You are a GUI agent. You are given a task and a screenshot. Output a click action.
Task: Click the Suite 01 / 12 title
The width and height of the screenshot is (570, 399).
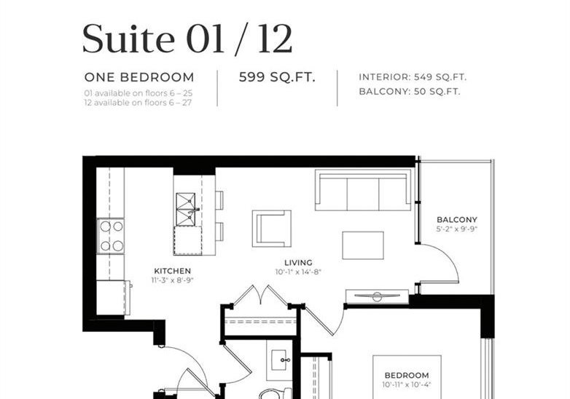[x=187, y=39]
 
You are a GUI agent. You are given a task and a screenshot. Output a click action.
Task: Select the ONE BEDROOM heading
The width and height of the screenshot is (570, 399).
[x=139, y=77]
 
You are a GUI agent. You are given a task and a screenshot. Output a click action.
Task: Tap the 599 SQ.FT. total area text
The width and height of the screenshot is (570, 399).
[x=277, y=77]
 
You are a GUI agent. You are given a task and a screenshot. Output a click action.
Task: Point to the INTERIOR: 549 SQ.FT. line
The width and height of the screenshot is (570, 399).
[x=413, y=77]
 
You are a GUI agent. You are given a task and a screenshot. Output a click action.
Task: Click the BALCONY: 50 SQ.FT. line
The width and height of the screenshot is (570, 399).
[x=410, y=92]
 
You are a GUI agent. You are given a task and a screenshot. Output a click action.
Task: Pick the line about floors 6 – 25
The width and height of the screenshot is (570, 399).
[x=138, y=93]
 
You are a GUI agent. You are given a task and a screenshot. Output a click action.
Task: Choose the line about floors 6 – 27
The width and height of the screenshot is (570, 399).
[x=138, y=103]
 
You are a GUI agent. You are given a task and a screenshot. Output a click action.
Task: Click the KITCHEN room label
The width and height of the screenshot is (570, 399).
[x=172, y=271]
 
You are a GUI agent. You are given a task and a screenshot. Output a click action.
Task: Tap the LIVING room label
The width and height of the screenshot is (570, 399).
[x=298, y=263]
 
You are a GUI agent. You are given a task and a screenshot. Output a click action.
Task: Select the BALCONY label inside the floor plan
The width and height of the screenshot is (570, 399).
[x=457, y=220]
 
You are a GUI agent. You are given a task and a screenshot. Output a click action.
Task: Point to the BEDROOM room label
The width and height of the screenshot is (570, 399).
[x=407, y=376]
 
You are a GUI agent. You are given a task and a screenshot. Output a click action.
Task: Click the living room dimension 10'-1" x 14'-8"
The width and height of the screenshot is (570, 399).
[x=298, y=272]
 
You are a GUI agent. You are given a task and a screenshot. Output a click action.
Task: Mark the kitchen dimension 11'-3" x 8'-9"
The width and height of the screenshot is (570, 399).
[x=172, y=280]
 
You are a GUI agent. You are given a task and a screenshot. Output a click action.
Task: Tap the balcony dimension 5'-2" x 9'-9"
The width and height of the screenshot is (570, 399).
[x=457, y=229]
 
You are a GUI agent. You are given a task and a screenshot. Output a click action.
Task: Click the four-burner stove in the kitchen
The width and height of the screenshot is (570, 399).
[x=111, y=237]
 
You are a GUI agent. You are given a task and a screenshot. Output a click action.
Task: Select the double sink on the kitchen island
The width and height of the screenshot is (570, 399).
[x=186, y=210]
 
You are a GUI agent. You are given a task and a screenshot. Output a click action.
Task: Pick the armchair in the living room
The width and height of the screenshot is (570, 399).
[x=272, y=229]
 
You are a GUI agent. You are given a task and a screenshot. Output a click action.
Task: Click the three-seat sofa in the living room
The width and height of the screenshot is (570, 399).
[x=363, y=190]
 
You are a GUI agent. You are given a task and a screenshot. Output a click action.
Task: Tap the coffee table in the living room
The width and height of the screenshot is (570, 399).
[x=363, y=245]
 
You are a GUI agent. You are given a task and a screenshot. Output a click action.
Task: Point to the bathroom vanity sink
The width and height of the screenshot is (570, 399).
[x=281, y=360]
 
